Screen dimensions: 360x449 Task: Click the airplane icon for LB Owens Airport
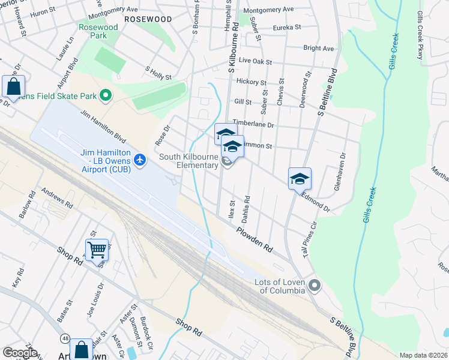(140, 160)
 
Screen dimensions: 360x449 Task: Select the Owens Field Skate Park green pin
(106, 95)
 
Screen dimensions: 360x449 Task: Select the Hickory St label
(252, 82)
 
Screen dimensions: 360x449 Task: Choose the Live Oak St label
(255, 62)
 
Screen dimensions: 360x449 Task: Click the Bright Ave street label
(318, 48)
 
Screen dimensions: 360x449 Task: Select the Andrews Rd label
(56, 199)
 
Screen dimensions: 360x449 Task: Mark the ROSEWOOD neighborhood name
(148, 19)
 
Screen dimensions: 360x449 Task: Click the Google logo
(20, 352)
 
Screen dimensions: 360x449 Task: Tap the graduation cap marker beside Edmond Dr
(300, 178)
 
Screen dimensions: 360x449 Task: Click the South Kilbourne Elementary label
(188, 161)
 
